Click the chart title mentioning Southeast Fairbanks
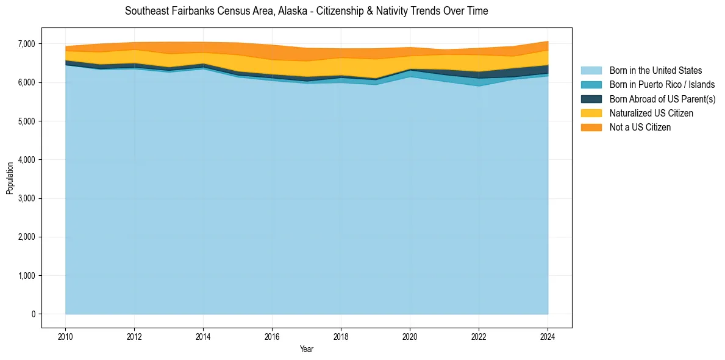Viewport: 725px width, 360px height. tap(306, 11)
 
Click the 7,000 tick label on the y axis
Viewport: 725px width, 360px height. tap(27, 44)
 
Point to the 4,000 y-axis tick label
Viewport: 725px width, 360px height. tap(27, 160)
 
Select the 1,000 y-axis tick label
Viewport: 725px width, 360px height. tap(27, 276)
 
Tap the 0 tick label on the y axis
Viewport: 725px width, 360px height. tap(34, 314)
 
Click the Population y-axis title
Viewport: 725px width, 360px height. tap(10, 178)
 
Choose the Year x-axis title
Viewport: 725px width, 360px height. tap(307, 349)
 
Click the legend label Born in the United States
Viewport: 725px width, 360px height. tap(655, 71)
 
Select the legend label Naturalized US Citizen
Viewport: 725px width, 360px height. tap(651, 113)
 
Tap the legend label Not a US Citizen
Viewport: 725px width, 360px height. tap(640, 128)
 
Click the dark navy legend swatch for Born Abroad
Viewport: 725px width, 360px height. tap(591, 99)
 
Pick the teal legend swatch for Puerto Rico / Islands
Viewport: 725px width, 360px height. tap(591, 85)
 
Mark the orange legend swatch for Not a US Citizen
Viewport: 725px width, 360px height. tap(591, 128)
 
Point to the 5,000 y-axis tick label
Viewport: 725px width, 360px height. tap(27, 121)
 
